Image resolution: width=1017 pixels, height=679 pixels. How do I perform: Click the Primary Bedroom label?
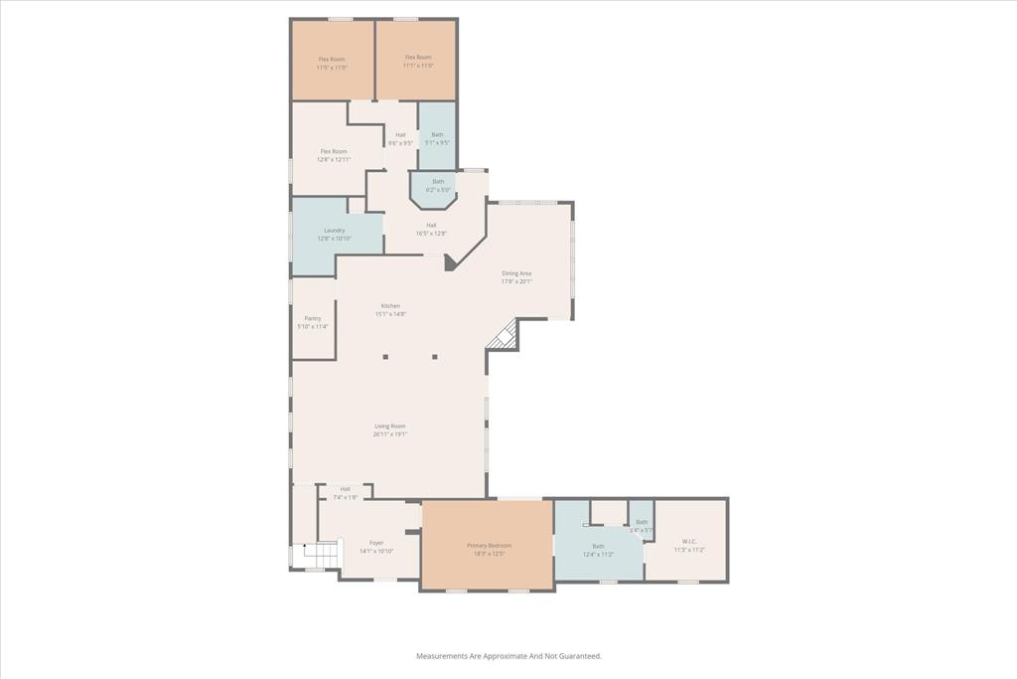(489, 549)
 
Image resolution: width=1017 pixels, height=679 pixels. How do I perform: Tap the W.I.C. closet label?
(689, 545)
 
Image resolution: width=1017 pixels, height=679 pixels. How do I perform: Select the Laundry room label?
(334, 234)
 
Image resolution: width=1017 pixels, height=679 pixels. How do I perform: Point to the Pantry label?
(312, 322)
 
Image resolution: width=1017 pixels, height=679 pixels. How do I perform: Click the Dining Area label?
(516, 276)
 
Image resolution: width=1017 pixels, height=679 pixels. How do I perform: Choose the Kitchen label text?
(390, 309)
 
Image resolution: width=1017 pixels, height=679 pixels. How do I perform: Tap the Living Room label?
(389, 429)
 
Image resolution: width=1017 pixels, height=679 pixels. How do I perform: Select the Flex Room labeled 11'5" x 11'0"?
(332, 62)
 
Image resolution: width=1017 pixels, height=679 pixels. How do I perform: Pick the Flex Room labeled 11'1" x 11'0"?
(417, 62)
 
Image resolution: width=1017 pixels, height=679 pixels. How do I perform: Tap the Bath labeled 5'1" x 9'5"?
(437, 138)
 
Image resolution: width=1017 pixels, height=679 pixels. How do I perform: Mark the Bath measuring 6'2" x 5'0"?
(438, 185)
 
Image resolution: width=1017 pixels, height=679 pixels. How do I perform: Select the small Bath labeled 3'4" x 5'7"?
(641, 525)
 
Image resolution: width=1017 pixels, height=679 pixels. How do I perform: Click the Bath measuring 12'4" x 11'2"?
(598, 550)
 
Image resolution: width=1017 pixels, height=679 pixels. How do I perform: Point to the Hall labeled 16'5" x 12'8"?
(431, 230)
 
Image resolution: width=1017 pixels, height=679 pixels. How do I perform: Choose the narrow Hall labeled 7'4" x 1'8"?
(345, 492)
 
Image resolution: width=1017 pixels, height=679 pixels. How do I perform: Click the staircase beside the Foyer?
(321, 553)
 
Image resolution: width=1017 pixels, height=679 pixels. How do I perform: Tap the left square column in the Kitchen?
(386, 356)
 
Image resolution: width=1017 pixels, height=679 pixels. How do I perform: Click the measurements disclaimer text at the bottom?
(508, 656)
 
